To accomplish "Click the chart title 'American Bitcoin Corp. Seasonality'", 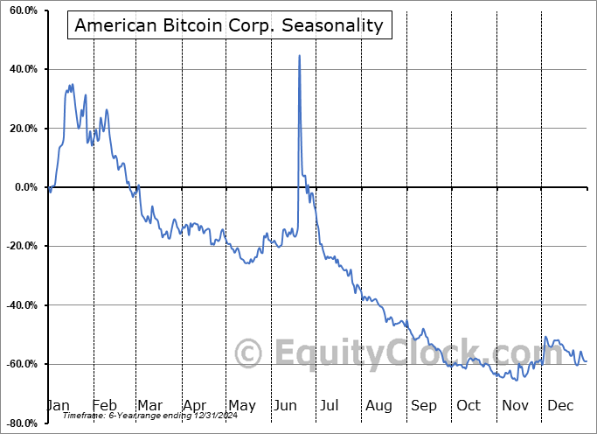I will (229, 25).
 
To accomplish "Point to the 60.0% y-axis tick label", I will (21, 10).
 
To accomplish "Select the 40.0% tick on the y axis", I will (21, 69).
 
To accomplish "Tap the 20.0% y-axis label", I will (21, 129).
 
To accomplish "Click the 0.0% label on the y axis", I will (24, 187).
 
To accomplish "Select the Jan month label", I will (58, 406).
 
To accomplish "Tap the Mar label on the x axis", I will (149, 406).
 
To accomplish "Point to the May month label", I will (241, 406).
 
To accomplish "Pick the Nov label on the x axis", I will (515, 406).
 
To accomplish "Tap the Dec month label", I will (560, 406).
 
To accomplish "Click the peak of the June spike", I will (300, 56).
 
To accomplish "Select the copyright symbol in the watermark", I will (249, 353).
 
